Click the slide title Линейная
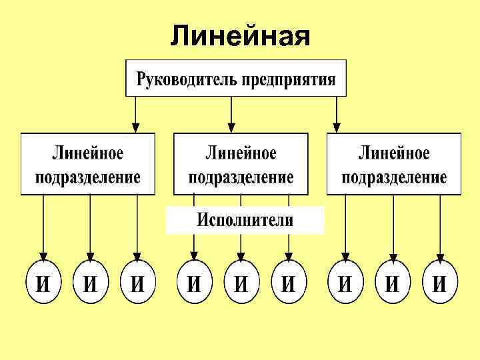point(240,35)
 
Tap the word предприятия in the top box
point(288,80)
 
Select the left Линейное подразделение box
point(88,164)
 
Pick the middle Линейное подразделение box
point(241,164)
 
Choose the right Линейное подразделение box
point(394,164)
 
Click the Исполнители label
point(245,220)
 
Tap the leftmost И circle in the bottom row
point(43,283)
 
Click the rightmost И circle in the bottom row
point(440,283)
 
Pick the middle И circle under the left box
point(91,283)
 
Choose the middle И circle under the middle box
point(241,283)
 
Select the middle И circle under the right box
point(393,283)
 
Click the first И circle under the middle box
point(194,283)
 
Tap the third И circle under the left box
point(137,283)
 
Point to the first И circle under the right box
point(345,283)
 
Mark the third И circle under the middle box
point(289,283)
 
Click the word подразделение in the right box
point(394,177)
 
